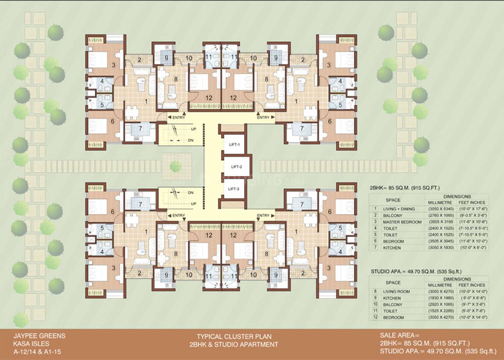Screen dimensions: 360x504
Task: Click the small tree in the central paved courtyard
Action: pos(176,166)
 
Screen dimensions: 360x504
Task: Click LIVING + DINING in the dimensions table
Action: pos(398,209)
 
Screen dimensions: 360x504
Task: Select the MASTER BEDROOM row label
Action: pos(401,222)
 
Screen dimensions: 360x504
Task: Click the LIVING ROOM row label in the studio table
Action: pos(396,292)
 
